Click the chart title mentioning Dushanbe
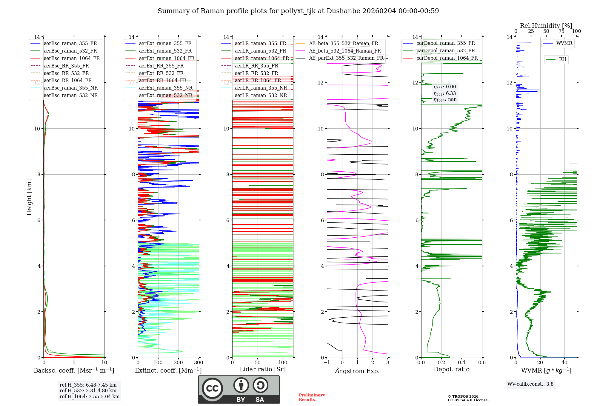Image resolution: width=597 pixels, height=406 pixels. tap(298, 11)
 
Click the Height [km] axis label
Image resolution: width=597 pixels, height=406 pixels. tap(29, 197)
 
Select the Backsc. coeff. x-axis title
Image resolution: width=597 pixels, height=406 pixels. tap(74, 370)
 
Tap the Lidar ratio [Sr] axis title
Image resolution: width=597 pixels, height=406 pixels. tap(263, 370)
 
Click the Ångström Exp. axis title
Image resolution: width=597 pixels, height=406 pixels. tap(357, 371)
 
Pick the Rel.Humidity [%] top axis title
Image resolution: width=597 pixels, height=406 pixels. tap(546, 26)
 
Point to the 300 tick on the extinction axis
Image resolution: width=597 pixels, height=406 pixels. tap(199, 363)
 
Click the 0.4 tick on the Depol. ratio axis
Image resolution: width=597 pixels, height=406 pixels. tap(462, 363)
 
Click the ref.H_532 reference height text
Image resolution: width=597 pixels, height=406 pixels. tap(88, 391)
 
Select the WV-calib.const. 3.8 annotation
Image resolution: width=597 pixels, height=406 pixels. tap(530, 384)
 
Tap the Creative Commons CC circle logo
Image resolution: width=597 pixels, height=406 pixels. tap(212, 388)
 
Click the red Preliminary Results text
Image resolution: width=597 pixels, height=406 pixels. tap(312, 397)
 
